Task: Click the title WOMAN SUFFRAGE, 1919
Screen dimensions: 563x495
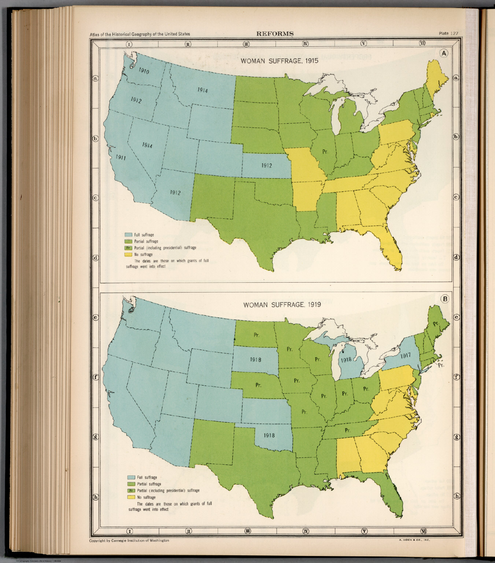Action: pos(282,305)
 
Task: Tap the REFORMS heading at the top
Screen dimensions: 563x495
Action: pos(275,34)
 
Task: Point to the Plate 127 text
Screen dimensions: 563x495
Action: pos(448,34)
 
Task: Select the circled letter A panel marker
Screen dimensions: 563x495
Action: pos(444,54)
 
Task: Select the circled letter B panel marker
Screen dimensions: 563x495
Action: pos(445,299)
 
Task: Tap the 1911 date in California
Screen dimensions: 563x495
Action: pos(121,158)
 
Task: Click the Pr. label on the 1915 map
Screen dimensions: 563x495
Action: pos(325,151)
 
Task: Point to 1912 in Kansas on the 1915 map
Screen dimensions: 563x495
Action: pos(266,166)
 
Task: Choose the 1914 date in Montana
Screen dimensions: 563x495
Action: pos(203,90)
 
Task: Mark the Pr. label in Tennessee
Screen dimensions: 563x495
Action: pos(348,430)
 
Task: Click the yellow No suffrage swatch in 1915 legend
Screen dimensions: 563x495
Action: pos(128,254)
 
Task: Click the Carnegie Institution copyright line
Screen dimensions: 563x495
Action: pos(129,541)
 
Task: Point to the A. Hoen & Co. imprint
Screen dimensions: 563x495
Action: pos(414,541)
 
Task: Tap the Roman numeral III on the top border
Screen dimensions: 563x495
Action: pos(247,44)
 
